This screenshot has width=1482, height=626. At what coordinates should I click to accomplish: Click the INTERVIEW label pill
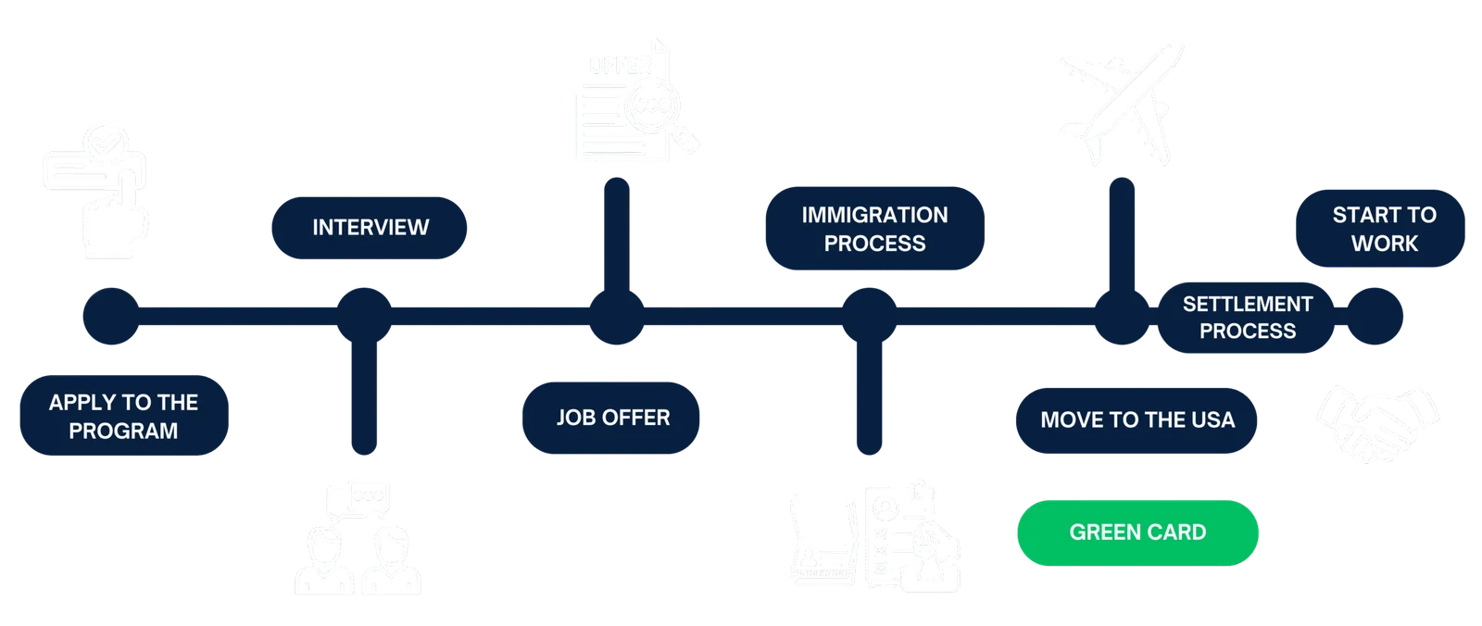[370, 228]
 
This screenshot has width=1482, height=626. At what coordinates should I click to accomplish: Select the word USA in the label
[1212, 419]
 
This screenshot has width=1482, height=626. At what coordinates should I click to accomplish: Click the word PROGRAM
[124, 431]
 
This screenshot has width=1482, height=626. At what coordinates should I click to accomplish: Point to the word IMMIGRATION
[874, 215]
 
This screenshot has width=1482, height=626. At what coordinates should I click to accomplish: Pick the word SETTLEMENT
[1247, 304]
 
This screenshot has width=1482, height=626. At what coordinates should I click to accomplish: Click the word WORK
[1385, 244]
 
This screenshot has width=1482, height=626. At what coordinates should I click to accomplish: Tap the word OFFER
[635, 418]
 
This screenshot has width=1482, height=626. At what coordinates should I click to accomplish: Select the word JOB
[575, 418]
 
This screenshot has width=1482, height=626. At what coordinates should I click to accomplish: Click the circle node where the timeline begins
[111, 317]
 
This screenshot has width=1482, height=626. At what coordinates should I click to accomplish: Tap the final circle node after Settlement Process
[1375, 317]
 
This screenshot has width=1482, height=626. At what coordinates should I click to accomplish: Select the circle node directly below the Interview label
[364, 317]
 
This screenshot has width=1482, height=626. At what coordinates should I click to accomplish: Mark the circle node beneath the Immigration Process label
[870, 317]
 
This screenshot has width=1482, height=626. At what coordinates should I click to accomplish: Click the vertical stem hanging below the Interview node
[364, 398]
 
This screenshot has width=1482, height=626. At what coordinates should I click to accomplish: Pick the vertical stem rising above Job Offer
[617, 234]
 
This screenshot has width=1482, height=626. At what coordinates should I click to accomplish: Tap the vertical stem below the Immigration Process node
[870, 398]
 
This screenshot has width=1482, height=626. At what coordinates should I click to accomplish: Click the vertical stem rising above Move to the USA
[1122, 234]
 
